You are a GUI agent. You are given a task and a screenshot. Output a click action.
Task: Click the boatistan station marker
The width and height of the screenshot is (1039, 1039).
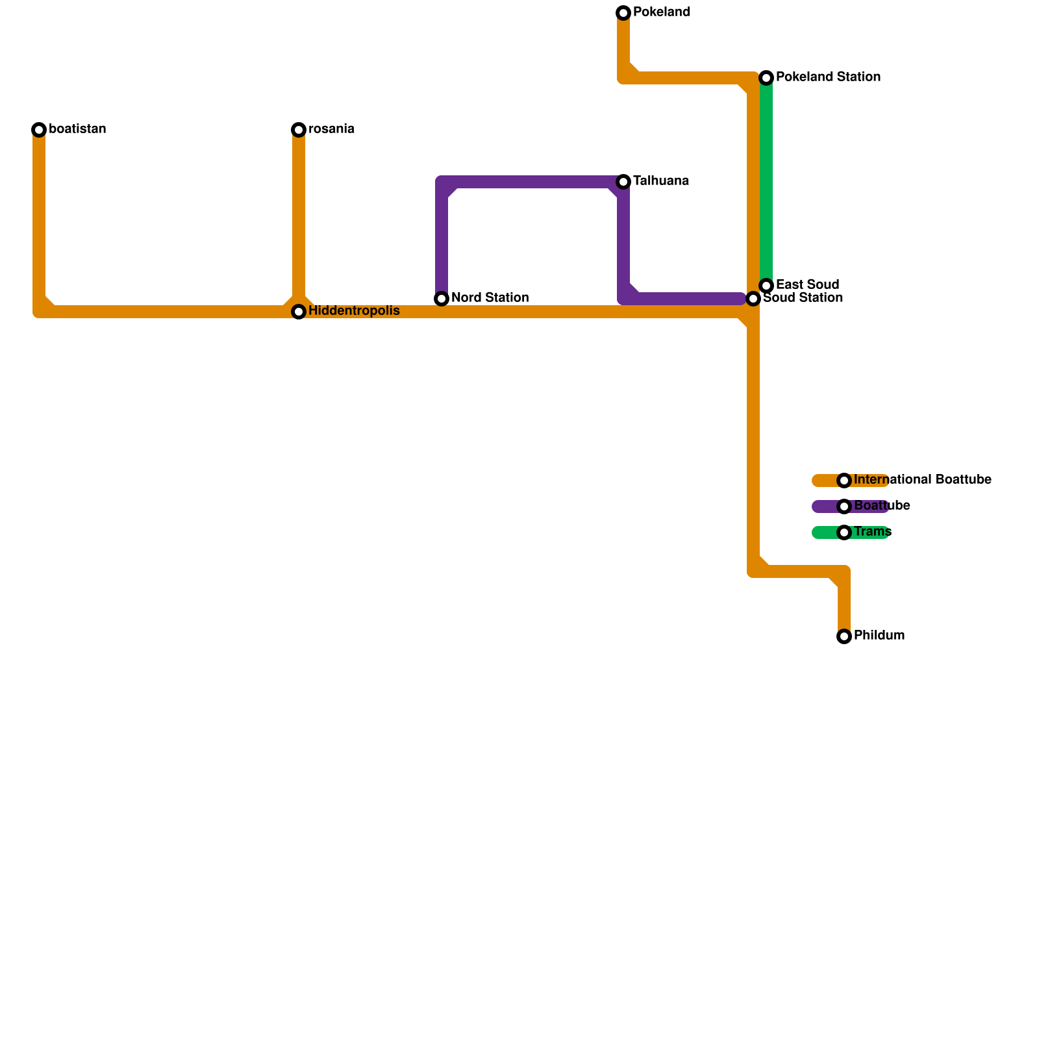click(x=39, y=130)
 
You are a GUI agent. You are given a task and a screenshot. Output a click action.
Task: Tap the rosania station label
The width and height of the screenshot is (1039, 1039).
click(x=331, y=129)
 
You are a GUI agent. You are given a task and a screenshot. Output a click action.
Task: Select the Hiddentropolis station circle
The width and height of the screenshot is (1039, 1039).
click(x=299, y=312)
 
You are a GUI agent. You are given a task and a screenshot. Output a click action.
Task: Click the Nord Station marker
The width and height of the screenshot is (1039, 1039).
click(x=442, y=299)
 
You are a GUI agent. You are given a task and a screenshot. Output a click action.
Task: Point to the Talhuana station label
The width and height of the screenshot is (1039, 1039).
click(x=660, y=181)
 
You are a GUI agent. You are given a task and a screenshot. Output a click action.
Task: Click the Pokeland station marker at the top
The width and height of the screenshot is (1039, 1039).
click(x=623, y=13)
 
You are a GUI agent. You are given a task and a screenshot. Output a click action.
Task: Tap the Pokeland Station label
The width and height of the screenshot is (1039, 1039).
click(x=828, y=77)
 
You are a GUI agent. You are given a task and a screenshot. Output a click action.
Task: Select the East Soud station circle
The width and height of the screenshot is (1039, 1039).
click(x=766, y=286)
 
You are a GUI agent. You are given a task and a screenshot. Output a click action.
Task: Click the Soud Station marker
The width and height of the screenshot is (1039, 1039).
click(x=753, y=299)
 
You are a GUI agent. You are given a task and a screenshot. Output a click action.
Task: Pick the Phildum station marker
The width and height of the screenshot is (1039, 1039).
click(x=844, y=636)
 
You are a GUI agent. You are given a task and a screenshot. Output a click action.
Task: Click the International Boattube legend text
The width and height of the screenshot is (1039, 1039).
click(x=922, y=480)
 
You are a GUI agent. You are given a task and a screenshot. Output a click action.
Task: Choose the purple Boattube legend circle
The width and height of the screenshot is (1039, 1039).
click(x=844, y=507)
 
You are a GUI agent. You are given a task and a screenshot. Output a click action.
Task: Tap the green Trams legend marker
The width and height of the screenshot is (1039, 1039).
click(x=844, y=532)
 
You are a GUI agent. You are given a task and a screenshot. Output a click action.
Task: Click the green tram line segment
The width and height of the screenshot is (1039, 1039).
click(x=766, y=182)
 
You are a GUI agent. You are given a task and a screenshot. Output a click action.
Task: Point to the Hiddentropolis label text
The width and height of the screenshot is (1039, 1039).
click(x=354, y=311)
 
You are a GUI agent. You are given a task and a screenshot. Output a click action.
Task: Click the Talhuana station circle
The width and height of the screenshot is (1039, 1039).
click(x=623, y=182)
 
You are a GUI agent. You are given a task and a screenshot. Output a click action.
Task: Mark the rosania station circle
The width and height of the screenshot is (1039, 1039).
click(x=299, y=130)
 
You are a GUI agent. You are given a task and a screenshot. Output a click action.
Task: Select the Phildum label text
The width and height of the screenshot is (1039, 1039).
click(x=879, y=636)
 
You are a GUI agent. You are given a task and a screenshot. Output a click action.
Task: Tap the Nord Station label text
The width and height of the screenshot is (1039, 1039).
click(x=490, y=298)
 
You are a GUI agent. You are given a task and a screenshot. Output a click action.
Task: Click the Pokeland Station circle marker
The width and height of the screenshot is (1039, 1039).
click(x=766, y=78)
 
